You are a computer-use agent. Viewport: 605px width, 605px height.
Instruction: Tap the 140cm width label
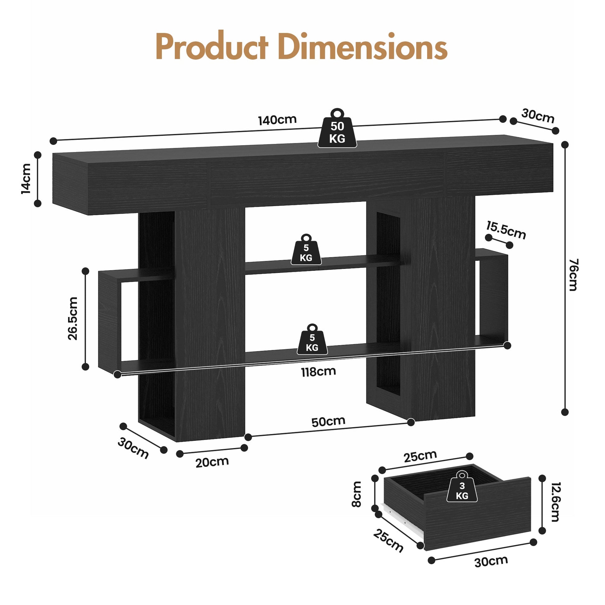(277, 120)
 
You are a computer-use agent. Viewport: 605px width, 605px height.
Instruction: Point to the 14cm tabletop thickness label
(26, 178)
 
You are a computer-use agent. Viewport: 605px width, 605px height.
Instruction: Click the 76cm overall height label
(573, 275)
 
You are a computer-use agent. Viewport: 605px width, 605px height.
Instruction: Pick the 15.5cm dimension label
(506, 230)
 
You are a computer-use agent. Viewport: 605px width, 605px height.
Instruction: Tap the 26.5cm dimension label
(73, 318)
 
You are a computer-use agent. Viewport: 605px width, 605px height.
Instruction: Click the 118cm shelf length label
(318, 372)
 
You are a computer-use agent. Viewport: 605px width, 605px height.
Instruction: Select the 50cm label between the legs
(328, 422)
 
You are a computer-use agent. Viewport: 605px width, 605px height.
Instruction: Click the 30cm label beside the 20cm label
(133, 448)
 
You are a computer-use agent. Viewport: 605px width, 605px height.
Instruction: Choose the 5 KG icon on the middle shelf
(306, 250)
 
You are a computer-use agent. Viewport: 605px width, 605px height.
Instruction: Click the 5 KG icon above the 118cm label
(312, 339)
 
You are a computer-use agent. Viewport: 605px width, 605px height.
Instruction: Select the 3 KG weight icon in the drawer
(462, 487)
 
